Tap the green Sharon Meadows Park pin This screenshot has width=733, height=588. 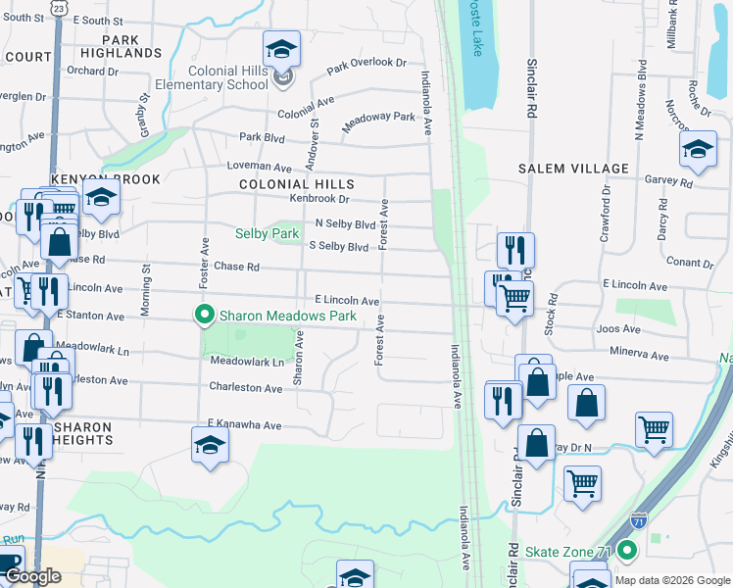(204, 316)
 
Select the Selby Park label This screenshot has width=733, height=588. (267, 234)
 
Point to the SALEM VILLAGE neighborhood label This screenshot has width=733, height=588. (573, 169)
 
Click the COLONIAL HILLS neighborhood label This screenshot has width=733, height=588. (296, 184)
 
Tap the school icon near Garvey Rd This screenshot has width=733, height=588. (698, 150)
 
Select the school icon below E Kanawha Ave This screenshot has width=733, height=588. (210, 444)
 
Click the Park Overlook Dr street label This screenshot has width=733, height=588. (366, 65)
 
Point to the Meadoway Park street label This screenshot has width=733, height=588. (378, 122)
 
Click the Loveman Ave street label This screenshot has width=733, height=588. (260, 168)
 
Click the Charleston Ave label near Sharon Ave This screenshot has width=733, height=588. (246, 388)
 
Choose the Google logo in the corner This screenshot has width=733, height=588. (33, 577)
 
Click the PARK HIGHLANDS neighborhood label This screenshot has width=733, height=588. (122, 45)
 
